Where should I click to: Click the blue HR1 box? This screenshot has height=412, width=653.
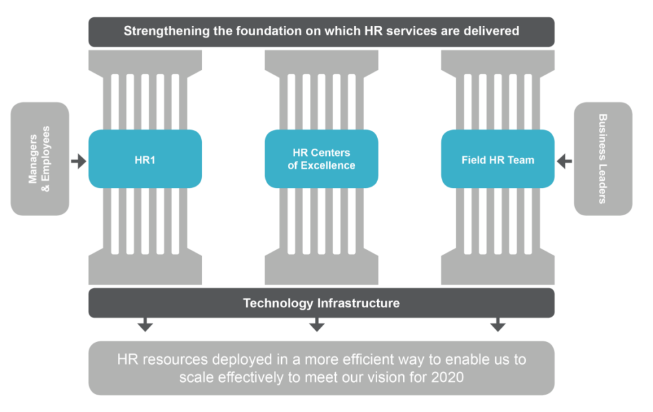click(145, 159)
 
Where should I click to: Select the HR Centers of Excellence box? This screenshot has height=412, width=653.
click(321, 159)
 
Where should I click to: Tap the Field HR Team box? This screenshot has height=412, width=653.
click(498, 160)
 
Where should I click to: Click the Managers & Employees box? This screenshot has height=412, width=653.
click(40, 159)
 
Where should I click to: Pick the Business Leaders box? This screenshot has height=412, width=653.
click(603, 159)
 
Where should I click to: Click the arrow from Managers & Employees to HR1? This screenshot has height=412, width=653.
click(79, 161)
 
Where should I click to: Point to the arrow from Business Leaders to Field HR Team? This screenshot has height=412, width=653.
click(564, 161)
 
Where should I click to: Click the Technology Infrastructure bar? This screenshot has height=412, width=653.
click(321, 303)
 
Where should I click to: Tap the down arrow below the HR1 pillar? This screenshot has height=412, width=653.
click(145, 325)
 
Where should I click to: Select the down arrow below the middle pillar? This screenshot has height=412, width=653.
click(317, 325)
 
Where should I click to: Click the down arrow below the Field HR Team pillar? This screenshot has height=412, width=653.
click(498, 325)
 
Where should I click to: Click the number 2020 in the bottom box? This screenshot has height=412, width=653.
click(447, 377)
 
